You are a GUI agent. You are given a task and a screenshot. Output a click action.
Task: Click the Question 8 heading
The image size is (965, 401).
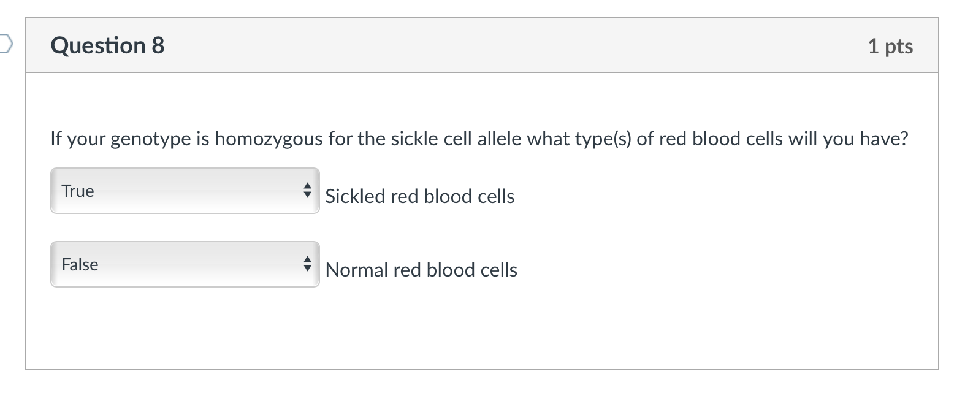pos(107,45)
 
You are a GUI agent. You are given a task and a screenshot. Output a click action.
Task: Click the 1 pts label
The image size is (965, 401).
pos(890,46)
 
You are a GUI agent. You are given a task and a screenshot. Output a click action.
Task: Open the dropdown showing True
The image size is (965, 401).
pos(185,191)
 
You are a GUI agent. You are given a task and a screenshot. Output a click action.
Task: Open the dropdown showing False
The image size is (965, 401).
pos(185,264)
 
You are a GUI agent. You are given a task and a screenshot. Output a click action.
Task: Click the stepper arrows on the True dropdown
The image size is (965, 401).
pos(308,191)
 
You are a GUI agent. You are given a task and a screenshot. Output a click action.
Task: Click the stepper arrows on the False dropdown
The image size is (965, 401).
pos(308,264)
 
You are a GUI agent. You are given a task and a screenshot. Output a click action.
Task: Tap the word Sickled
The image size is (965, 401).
pos(355,196)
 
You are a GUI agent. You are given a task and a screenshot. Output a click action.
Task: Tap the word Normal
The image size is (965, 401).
pos(356,270)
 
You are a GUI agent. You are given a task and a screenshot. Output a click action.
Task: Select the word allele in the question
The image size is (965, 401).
pos(499,139)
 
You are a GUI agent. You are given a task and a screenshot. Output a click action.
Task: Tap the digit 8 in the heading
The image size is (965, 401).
pos(158,45)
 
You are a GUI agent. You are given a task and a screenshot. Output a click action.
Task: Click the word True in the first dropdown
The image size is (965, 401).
pos(78,191)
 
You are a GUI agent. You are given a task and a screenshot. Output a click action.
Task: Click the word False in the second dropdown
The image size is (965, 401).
pos(80,264)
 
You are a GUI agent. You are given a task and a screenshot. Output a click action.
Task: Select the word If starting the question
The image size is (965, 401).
pos(56,139)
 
